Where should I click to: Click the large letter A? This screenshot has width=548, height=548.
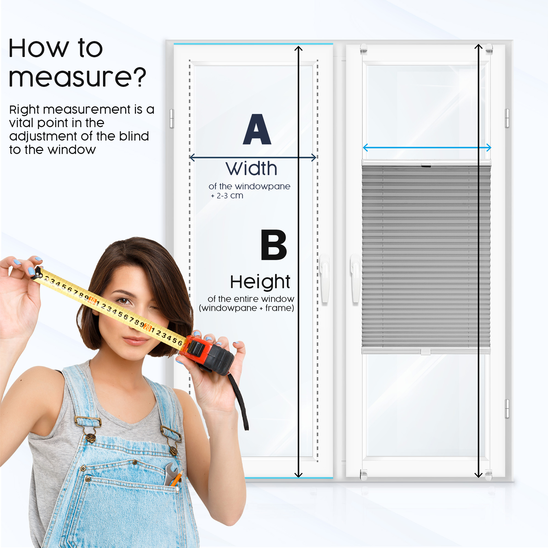257,129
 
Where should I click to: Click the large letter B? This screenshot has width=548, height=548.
273,245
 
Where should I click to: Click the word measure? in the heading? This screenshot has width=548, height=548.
77,77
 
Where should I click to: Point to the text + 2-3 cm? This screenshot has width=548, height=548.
227,196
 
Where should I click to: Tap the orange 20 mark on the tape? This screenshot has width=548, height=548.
147,327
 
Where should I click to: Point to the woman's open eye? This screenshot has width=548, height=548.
124,301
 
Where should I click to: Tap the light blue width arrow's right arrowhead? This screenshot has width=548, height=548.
489,147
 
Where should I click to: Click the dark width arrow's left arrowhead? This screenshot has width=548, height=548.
192,158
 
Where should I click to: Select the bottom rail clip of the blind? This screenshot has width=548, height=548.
426,352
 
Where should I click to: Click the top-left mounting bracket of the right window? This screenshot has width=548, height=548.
364,49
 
